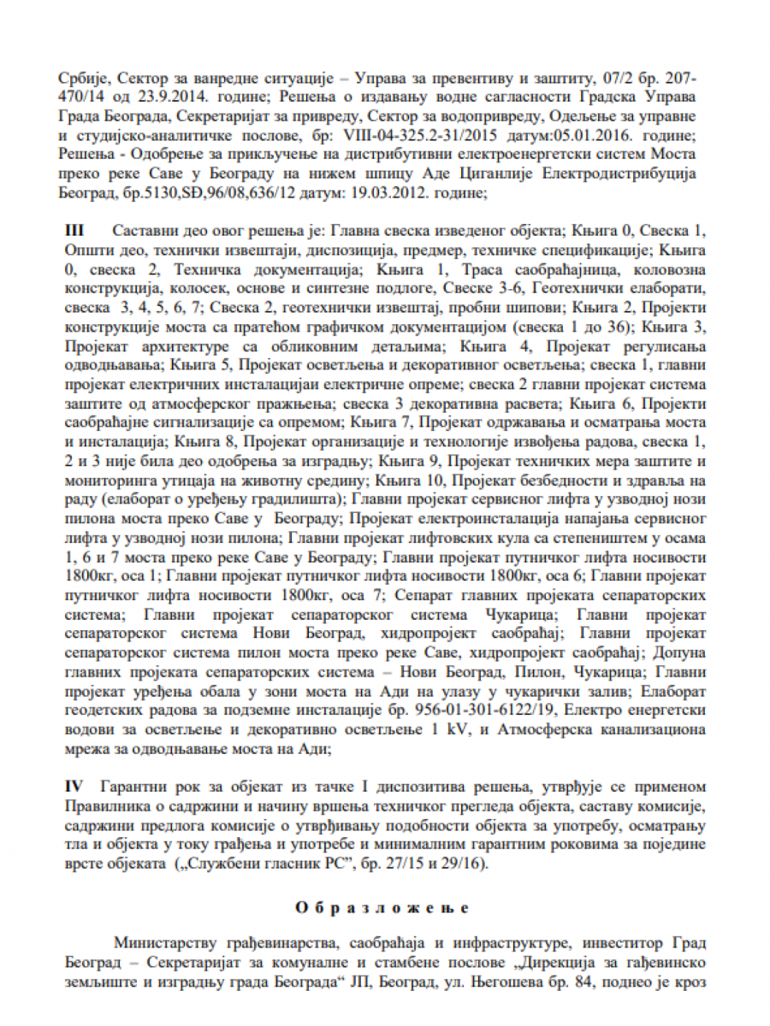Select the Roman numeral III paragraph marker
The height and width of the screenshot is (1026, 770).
pyautogui.click(x=78, y=232)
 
